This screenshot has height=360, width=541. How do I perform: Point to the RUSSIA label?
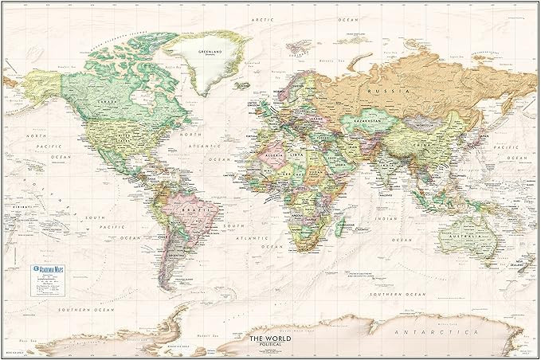pos(400,92)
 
